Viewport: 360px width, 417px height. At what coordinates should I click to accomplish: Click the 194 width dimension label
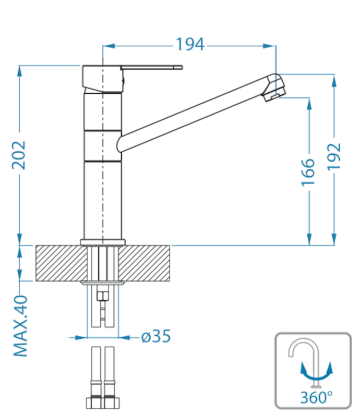coord(190,44)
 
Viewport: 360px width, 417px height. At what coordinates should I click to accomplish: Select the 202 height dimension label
coord(19,155)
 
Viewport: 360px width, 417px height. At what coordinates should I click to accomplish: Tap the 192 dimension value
coord(334,157)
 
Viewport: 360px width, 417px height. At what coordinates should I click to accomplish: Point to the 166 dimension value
coord(308,173)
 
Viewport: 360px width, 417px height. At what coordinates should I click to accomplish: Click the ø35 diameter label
coord(156,336)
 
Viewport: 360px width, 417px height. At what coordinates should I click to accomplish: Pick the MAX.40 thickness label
coord(20,326)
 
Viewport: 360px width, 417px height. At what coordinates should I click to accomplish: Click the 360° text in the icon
coord(316,398)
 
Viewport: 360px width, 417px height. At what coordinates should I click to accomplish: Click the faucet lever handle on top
coord(151,67)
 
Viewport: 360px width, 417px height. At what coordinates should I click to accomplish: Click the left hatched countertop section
coord(62,263)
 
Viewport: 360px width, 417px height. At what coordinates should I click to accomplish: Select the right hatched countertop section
coord(144,263)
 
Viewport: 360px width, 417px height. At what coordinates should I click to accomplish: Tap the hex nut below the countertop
coord(102,296)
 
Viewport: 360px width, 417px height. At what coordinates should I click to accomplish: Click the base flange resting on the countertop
coord(103,242)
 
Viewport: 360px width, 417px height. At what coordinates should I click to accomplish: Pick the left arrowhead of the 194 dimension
coord(109,46)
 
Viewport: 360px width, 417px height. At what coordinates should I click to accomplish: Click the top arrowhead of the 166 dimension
coord(309,104)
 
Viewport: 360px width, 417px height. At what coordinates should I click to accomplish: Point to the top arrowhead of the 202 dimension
coord(19,71)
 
